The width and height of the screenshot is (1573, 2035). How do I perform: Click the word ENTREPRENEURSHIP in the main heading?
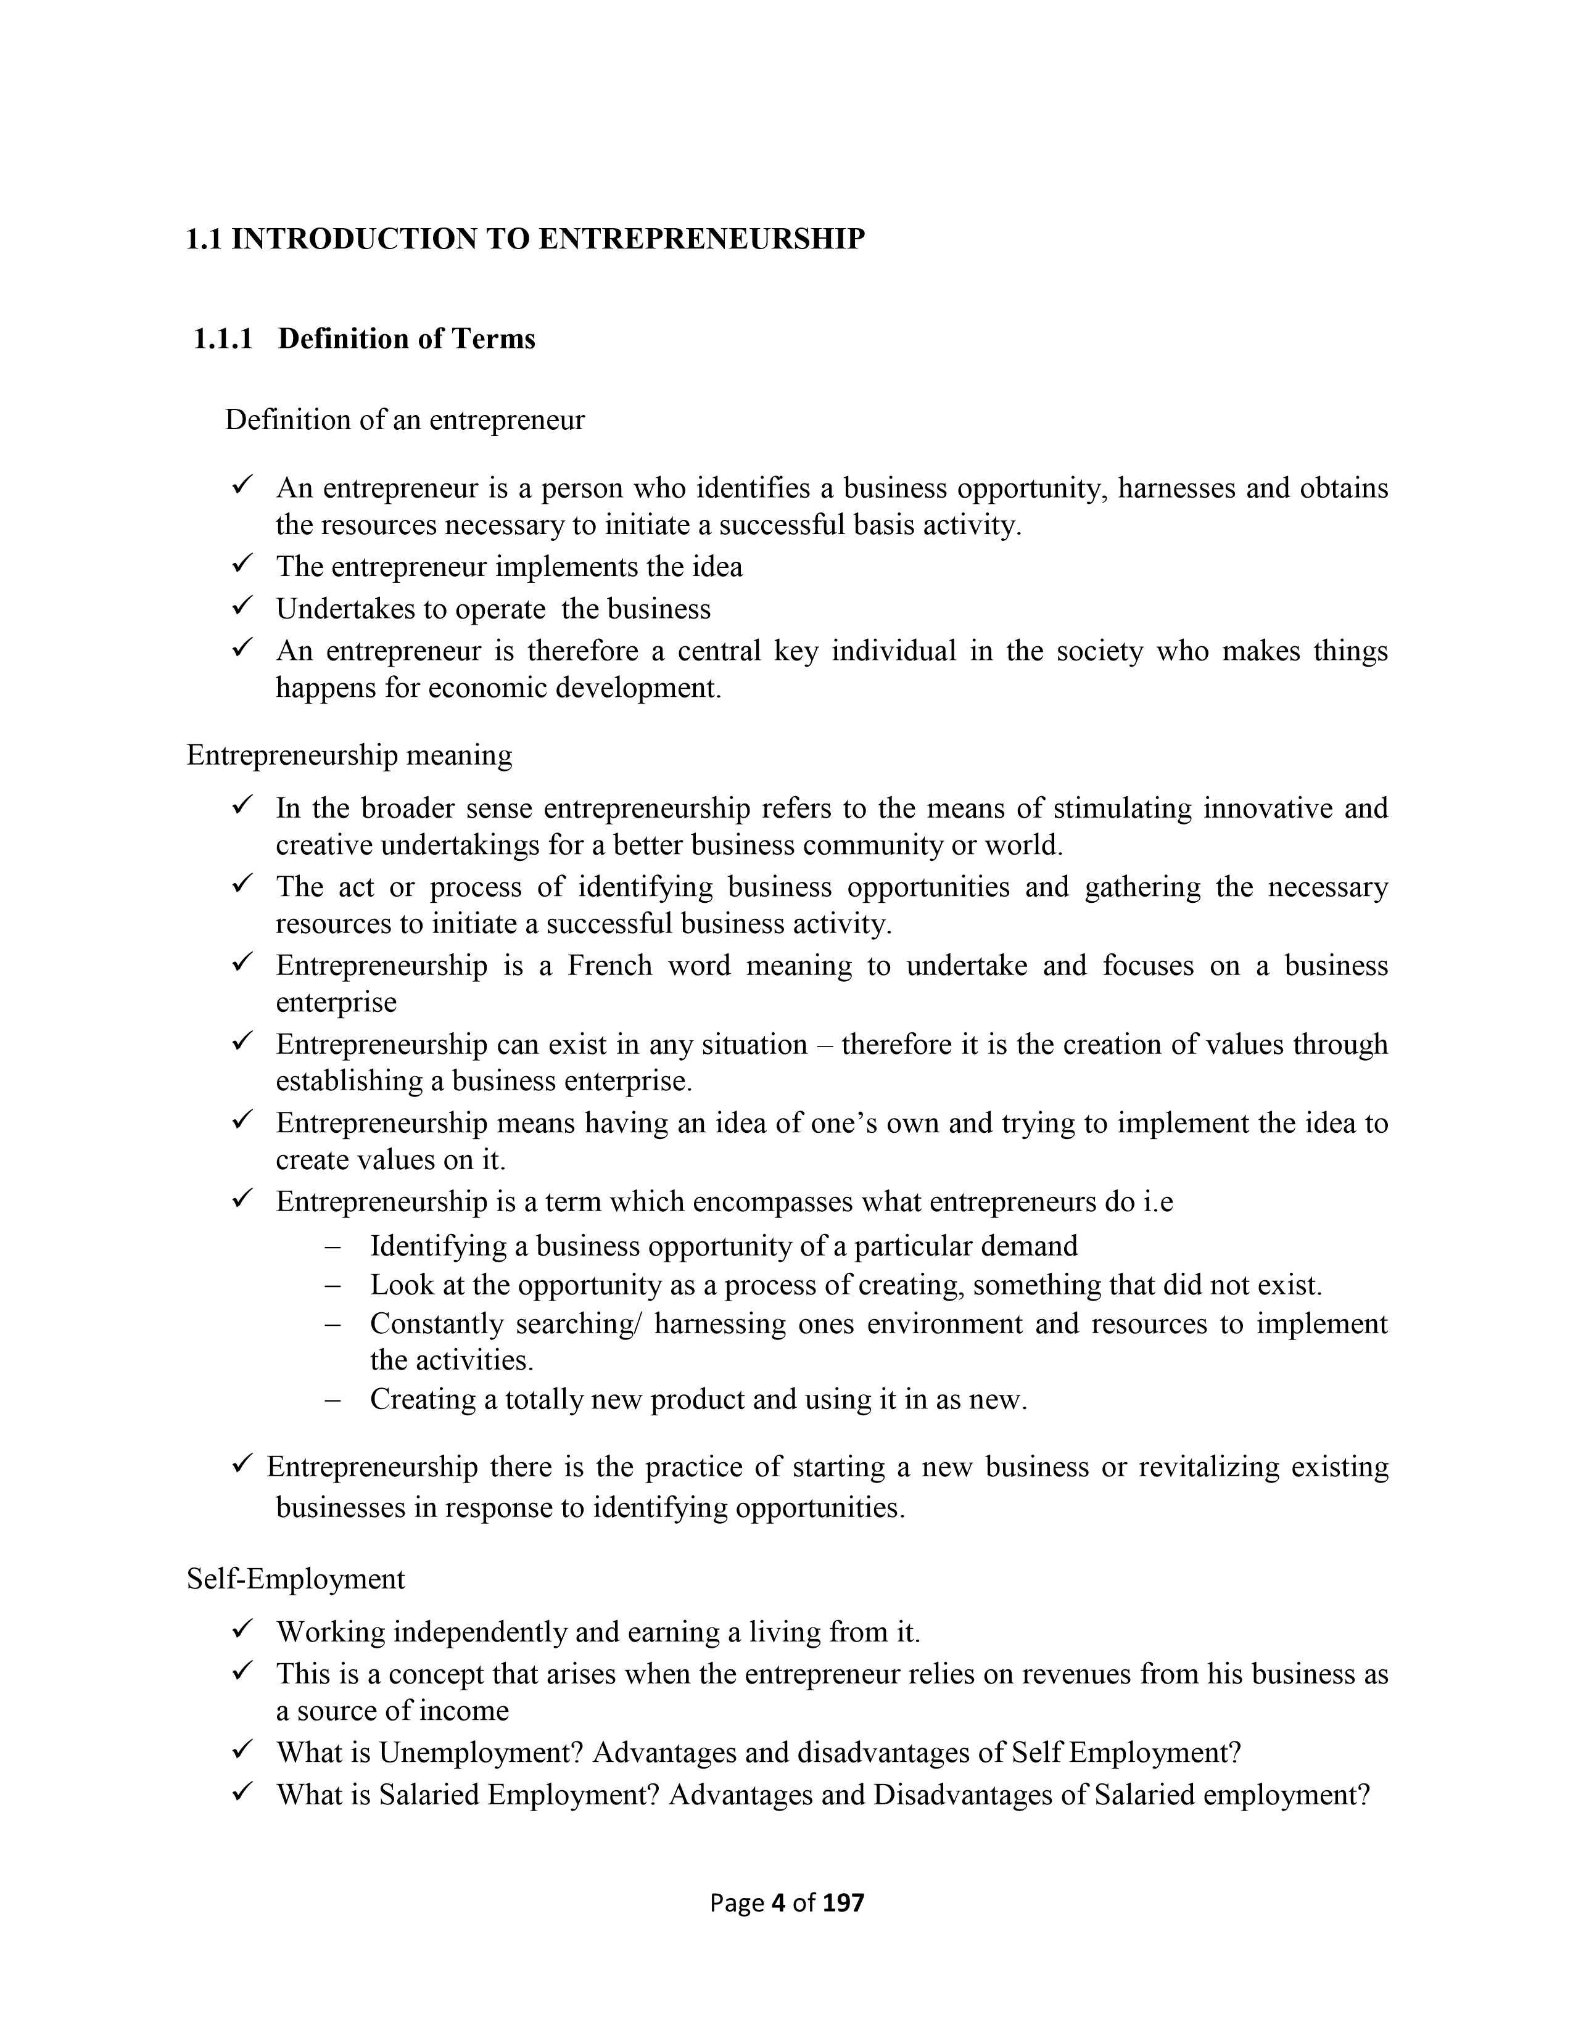coord(702,239)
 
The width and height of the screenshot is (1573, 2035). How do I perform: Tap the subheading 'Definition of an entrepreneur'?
coord(405,420)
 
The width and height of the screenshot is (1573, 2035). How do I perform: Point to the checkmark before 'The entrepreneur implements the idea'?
coord(242,564)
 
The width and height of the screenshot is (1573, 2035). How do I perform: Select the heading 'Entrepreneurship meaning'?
coord(349,755)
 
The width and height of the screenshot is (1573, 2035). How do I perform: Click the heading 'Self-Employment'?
coord(295,1579)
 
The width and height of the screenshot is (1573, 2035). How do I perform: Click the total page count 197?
coord(844,1902)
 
